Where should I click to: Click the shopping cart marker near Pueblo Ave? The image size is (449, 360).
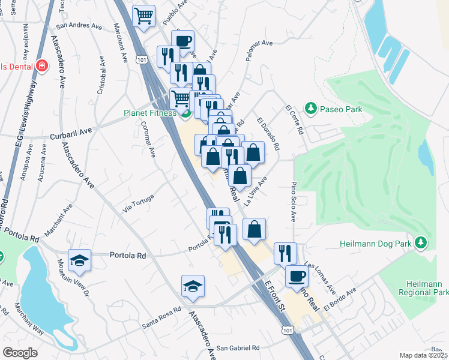[x=144, y=16]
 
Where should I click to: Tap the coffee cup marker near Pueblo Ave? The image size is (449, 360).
[x=183, y=41]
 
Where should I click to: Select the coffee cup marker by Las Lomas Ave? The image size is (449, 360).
[x=297, y=276]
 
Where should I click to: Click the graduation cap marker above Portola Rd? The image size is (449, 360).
[x=79, y=260]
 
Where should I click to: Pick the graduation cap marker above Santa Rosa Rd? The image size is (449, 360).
[x=193, y=286]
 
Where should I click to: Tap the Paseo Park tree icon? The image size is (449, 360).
[x=311, y=109]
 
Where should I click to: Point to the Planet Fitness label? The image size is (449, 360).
[x=150, y=112]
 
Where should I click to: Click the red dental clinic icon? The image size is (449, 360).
[x=42, y=65]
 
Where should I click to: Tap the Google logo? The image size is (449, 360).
[x=20, y=352]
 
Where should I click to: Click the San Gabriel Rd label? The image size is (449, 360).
[x=238, y=348]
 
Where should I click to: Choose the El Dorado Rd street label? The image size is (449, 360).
[x=268, y=134]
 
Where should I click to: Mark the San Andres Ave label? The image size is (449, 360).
[x=79, y=26]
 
